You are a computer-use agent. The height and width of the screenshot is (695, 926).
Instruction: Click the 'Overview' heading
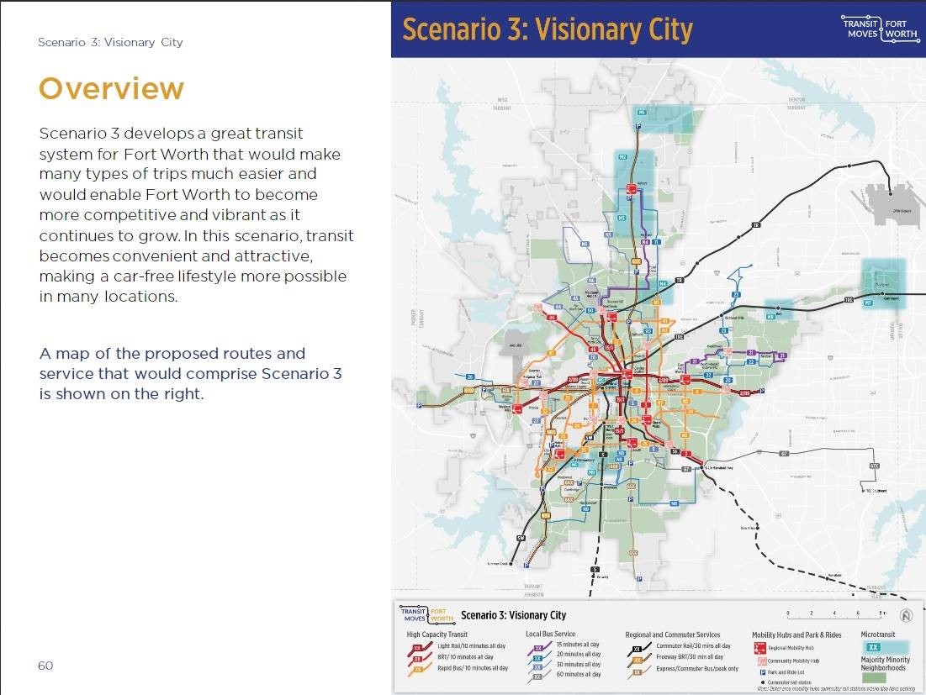tap(111, 88)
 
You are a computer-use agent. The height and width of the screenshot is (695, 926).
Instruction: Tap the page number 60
tap(45, 666)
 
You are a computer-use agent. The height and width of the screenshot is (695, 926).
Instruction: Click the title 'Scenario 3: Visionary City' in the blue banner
tap(547, 29)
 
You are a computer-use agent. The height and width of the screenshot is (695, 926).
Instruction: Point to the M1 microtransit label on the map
tap(641, 113)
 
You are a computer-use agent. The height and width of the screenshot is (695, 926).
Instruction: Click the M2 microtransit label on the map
tap(622, 157)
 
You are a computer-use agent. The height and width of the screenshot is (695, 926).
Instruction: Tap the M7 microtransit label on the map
tap(868, 303)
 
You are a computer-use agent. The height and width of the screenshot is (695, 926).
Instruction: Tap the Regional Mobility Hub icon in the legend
tap(761, 649)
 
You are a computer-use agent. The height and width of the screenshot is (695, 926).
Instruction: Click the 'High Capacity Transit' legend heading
tap(437, 634)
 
